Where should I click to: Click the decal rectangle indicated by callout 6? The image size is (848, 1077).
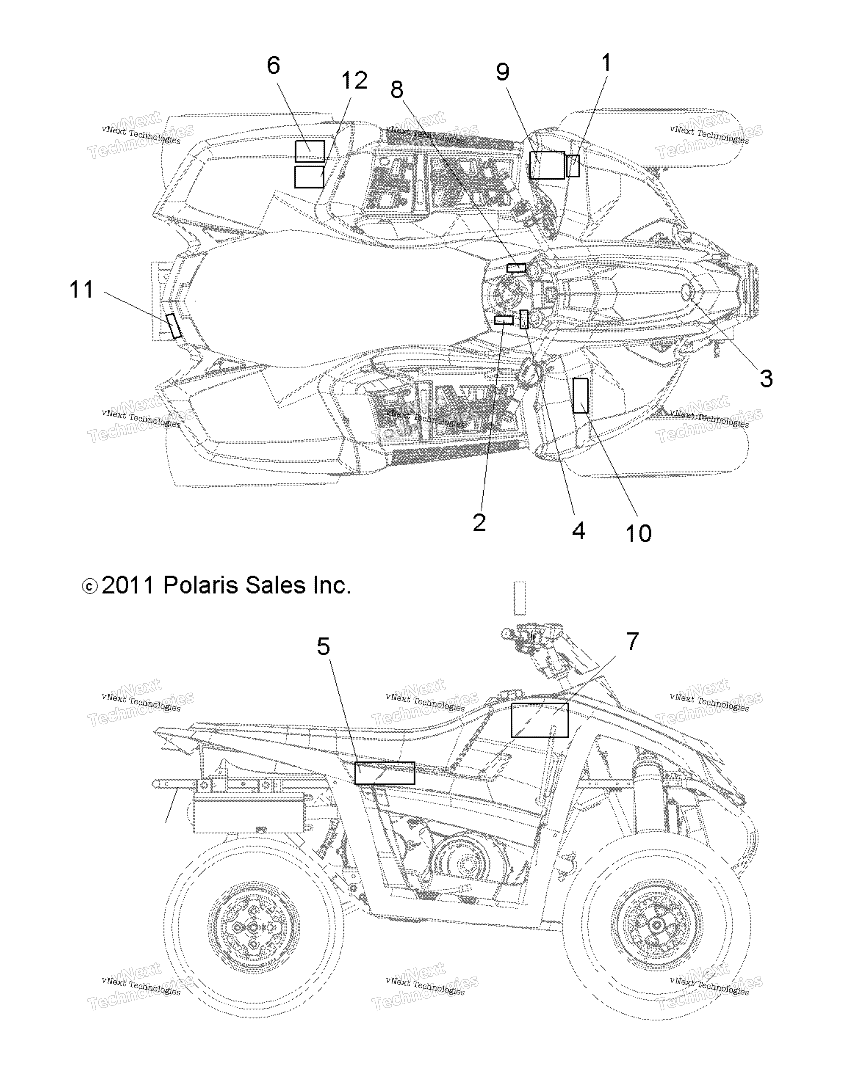tap(310, 151)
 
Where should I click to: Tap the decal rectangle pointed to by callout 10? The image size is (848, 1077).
tap(581, 396)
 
